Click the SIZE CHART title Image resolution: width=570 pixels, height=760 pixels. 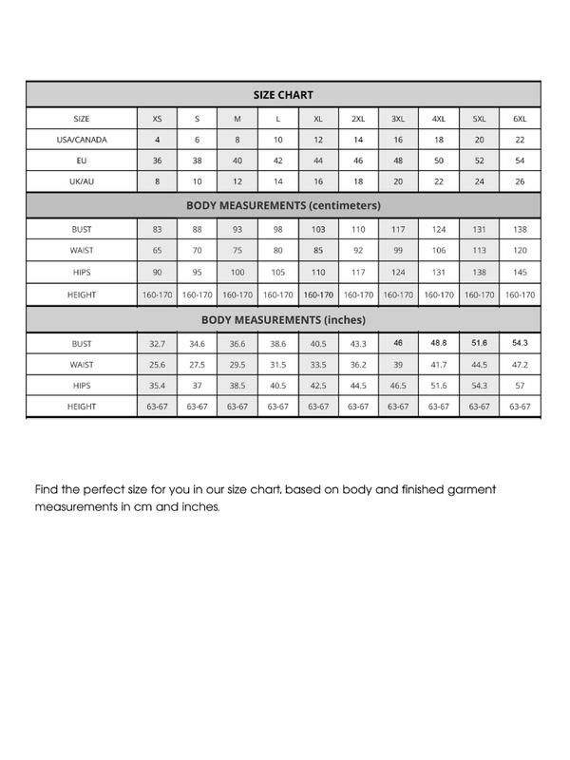(283, 95)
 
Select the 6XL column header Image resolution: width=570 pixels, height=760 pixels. (520, 119)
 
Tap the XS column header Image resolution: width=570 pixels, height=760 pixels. (157, 119)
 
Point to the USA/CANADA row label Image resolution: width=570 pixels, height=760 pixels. (82, 140)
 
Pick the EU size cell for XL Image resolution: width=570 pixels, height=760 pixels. (318, 161)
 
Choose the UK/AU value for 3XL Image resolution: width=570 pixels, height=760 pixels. (398, 181)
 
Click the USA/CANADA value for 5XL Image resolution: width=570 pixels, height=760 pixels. (479, 140)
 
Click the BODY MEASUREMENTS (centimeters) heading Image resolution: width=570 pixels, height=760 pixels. (283, 205)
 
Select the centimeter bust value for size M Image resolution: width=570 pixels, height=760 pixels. (237, 230)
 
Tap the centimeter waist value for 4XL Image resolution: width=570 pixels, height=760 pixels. (439, 252)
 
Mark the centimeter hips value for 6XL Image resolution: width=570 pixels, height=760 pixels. (520, 274)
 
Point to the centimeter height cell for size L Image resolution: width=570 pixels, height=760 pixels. (277, 295)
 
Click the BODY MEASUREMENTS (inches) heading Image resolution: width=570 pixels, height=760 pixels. (283, 320)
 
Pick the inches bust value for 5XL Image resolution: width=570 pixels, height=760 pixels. (479, 343)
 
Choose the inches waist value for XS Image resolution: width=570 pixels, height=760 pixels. (157, 365)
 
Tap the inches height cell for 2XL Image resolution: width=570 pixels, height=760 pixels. (358, 407)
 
